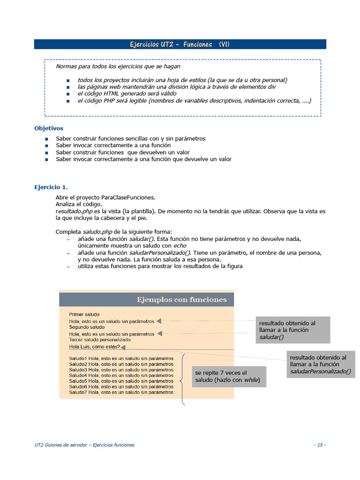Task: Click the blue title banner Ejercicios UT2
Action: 180,45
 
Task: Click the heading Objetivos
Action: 49,128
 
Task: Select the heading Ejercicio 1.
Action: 51,187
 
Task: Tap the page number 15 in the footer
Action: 320,445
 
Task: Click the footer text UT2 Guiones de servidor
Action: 84,445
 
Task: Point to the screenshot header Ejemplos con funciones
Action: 181,300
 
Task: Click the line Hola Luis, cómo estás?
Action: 94,347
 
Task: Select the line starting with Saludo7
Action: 121,392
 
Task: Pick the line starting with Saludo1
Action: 121,359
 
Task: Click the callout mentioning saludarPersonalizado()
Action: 321,364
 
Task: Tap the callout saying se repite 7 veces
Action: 228,376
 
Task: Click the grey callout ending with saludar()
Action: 292,330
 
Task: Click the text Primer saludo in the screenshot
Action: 84,315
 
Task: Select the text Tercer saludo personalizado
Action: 100,339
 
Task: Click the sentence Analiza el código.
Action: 79,204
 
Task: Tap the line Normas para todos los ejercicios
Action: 118,67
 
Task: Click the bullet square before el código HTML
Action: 68,94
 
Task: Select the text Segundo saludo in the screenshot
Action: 87,327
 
